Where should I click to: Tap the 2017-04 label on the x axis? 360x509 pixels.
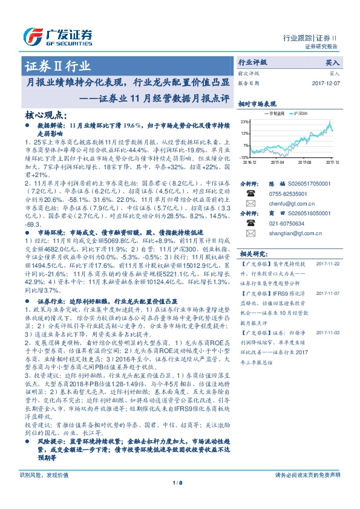[277, 162]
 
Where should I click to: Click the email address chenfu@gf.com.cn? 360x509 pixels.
[285, 204]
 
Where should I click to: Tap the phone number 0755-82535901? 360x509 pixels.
[286, 193]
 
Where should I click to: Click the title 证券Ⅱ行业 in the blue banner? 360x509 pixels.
[58, 66]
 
